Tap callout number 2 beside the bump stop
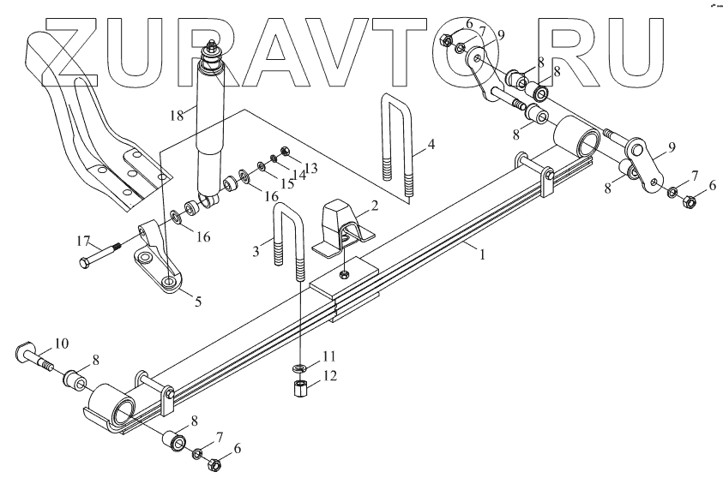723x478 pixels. [x=374, y=206]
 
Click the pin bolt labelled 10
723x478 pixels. [x=33, y=353]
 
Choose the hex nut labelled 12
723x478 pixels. [x=300, y=391]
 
